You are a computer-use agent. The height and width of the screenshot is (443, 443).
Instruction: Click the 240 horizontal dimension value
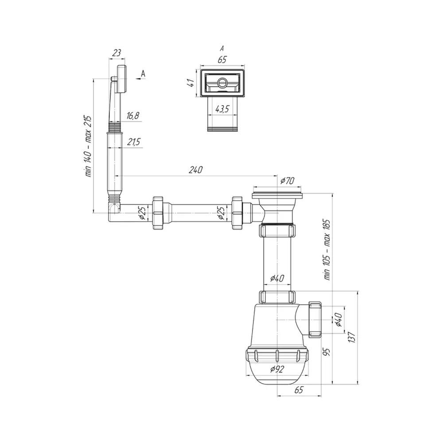pos(196,170)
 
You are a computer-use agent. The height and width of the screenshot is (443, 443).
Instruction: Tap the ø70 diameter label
pos(287,181)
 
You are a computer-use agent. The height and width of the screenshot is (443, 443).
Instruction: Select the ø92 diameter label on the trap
pos(277,369)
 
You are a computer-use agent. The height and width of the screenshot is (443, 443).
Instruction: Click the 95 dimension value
pos(326,352)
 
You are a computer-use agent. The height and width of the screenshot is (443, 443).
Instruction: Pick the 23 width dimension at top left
pos(117,53)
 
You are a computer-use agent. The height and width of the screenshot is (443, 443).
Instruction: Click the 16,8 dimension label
pos(133,116)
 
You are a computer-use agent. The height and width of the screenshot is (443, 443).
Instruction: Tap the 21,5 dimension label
pos(134,142)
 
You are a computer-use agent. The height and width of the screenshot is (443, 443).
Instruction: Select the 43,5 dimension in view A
pos(222,109)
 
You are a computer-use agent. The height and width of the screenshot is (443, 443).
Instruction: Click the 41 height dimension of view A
pos(191,83)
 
